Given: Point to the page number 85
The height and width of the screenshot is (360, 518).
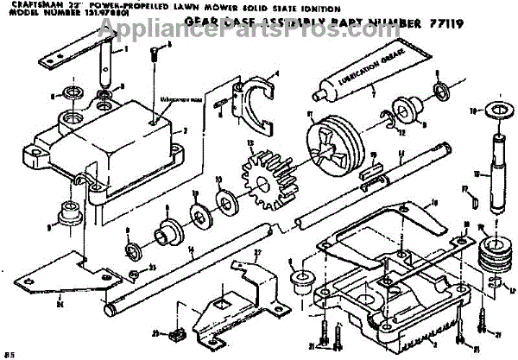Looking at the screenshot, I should click(9, 354).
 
